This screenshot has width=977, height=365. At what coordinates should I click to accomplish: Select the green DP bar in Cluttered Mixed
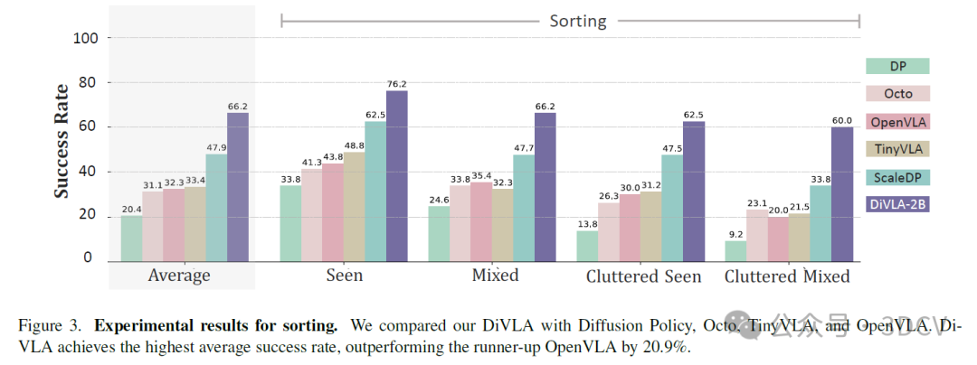coord(736,250)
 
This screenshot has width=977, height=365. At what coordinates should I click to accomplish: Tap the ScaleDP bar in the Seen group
coord(375,191)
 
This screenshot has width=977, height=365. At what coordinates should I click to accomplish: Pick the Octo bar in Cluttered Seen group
coord(609,232)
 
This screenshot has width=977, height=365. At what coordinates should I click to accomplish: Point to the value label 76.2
coord(397,83)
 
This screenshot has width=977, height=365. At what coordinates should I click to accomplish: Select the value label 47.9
coord(215,146)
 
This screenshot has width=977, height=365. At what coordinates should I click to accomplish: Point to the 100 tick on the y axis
coord(90,38)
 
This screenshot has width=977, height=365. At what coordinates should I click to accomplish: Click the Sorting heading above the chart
coord(578,20)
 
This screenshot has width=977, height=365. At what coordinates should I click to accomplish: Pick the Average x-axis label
coord(179,275)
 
